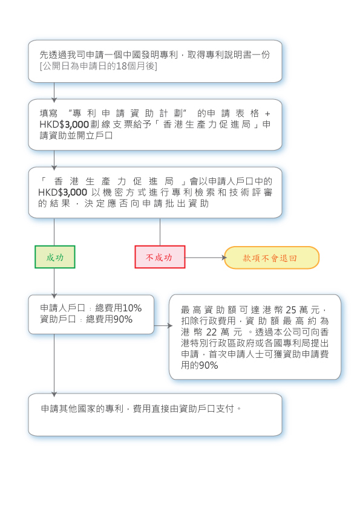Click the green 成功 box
point(55,257)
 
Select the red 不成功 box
point(160,257)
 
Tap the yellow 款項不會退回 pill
point(272,258)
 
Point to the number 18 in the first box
point(121,66)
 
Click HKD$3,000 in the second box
point(64,125)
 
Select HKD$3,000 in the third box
point(63,192)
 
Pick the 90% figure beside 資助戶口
point(123,319)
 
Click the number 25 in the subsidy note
point(291,310)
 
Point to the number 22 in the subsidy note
point(211,332)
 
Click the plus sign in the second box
point(267,114)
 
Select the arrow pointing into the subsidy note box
point(163,325)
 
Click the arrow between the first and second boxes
point(54,92)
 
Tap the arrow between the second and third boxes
point(54,160)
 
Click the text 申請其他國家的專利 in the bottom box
point(82,409)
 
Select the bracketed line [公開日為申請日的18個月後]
point(98,66)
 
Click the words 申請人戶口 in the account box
point(62,308)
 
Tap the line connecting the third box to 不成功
point(160,232)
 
